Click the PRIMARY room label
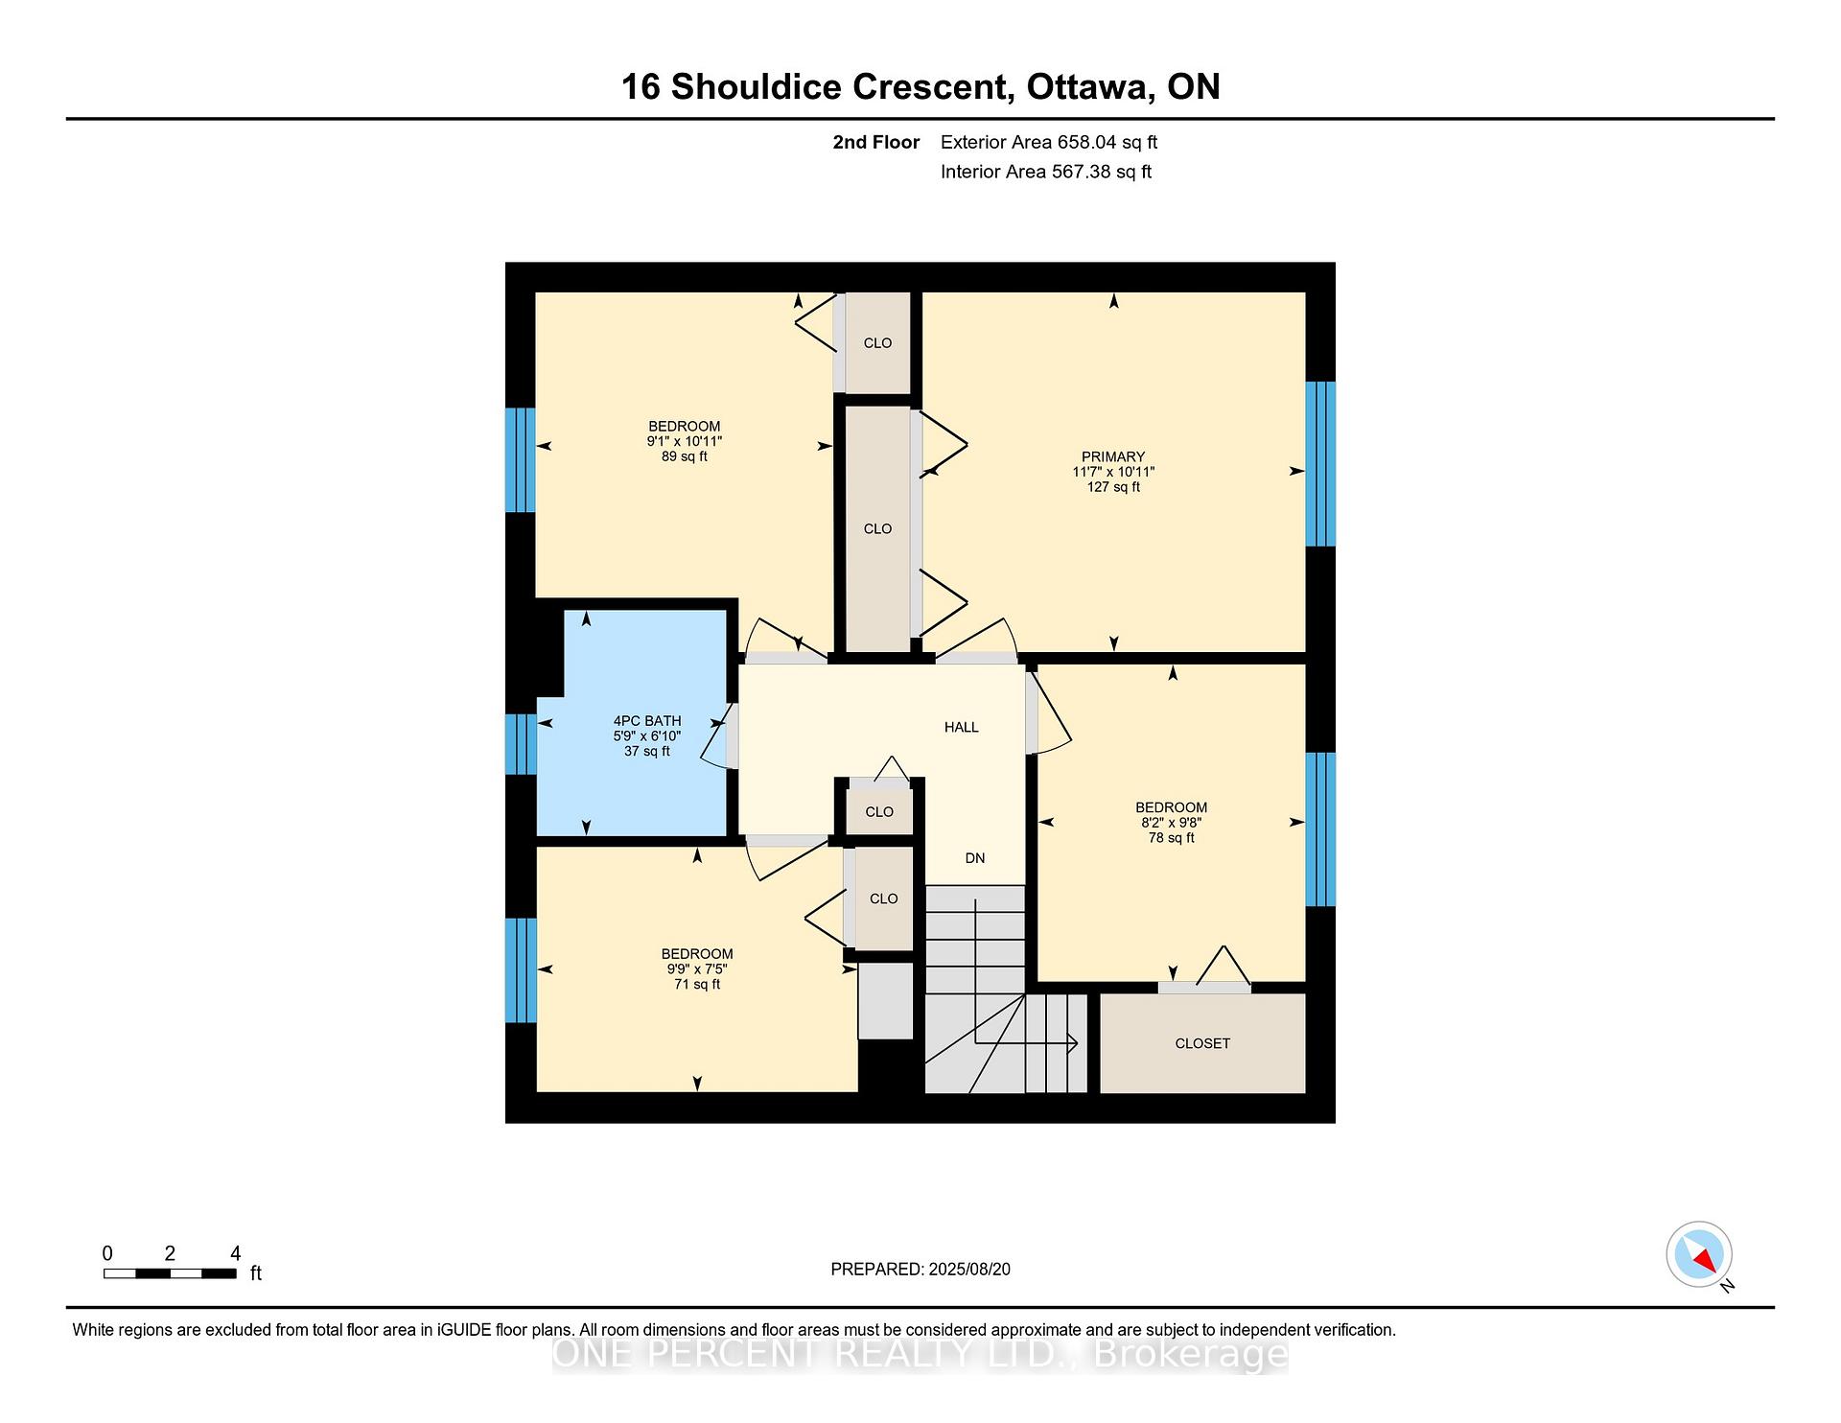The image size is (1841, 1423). click(x=1113, y=456)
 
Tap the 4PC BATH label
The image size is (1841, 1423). click(x=647, y=721)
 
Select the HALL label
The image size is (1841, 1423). click(x=962, y=728)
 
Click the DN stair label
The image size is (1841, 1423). click(x=975, y=858)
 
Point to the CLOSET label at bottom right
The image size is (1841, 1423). click(x=1202, y=1043)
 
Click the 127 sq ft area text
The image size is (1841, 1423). click(x=1113, y=487)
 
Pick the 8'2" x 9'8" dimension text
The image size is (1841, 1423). click(x=1171, y=823)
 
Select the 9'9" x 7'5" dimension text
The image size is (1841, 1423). click(x=697, y=969)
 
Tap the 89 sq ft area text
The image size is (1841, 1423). click(x=685, y=456)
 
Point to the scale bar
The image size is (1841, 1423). click(x=170, y=1273)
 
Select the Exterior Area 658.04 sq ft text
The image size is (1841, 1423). click(x=1049, y=143)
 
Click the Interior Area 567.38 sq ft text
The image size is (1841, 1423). click(x=1046, y=173)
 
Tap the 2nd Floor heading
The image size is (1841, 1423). click(x=876, y=143)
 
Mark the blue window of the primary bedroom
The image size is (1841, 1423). click(x=1320, y=464)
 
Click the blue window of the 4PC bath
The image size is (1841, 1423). click(x=521, y=744)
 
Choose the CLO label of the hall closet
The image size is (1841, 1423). click(x=879, y=812)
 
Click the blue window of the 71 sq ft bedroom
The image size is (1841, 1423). click(x=521, y=970)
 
